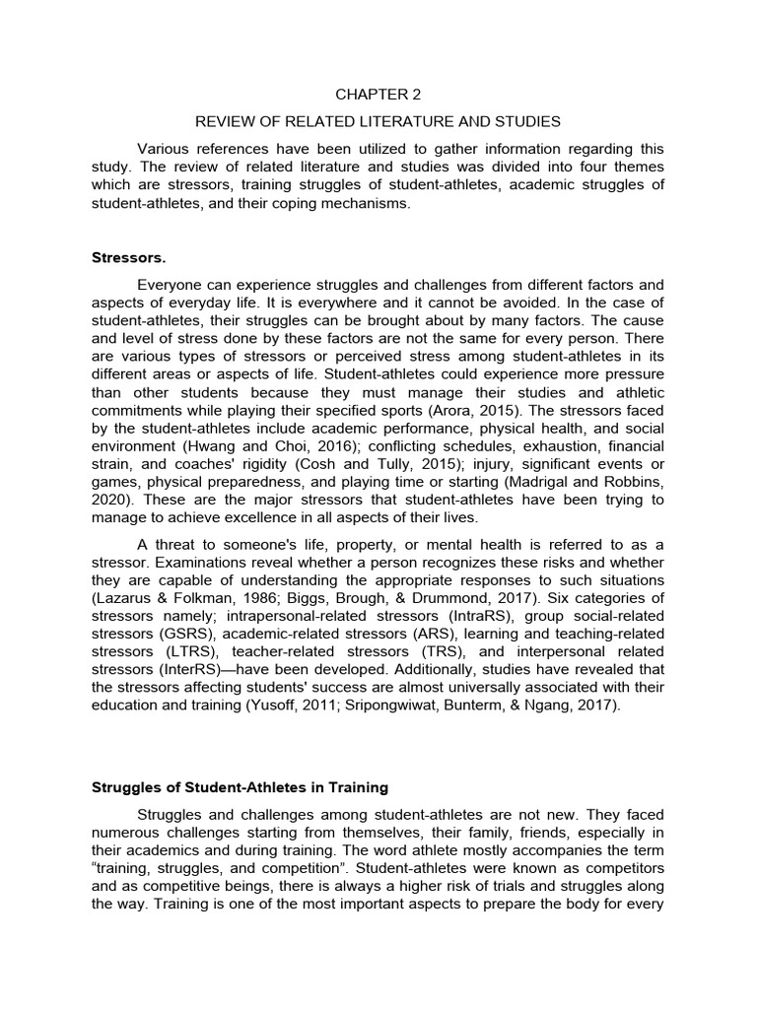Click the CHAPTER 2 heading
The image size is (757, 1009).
tap(378, 95)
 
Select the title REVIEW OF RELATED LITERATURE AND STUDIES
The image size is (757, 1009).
tap(378, 121)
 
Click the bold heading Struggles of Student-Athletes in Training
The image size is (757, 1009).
tap(240, 787)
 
